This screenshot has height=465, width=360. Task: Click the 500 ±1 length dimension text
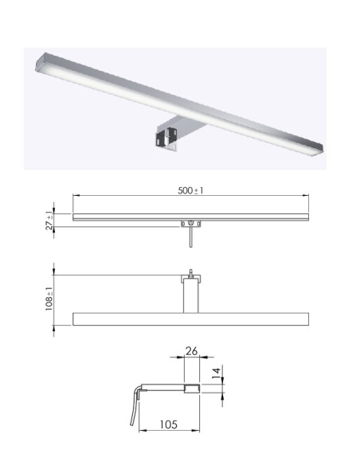pos(192,190)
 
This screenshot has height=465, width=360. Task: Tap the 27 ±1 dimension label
pos(49,222)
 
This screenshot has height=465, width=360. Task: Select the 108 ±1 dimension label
pos(49,299)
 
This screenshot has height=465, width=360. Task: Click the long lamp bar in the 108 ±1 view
pos(191,319)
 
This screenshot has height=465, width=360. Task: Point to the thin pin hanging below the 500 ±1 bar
pos(190,237)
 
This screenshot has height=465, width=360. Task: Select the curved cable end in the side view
pos(136,389)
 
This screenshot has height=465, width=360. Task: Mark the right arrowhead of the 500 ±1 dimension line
pos(307,197)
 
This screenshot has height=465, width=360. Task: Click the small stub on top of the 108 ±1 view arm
pos(191,273)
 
